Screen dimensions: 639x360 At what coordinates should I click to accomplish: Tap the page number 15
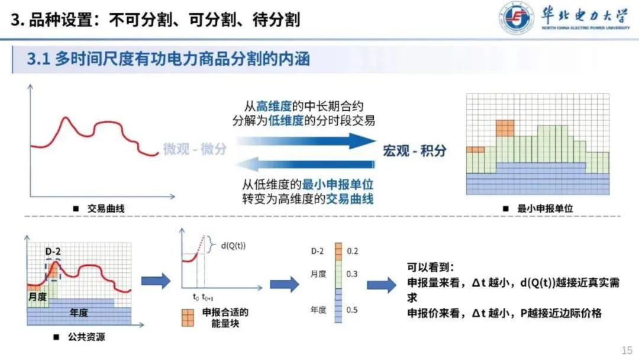pyautogui.click(x=627, y=350)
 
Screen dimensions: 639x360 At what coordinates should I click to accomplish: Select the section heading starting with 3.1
pyautogui.click(x=169, y=59)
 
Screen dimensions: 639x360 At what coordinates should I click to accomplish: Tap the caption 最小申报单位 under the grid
pyautogui.click(x=545, y=208)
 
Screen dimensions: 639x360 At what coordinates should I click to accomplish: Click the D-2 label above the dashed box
pyautogui.click(x=53, y=252)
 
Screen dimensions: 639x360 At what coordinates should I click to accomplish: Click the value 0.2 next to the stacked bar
pyautogui.click(x=353, y=251)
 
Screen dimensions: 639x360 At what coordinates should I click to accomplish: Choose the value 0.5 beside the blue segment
pyautogui.click(x=353, y=309)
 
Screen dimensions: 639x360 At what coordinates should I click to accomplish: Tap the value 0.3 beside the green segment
pyautogui.click(x=353, y=274)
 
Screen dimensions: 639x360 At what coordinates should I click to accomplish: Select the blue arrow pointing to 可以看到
pyautogui.click(x=381, y=285)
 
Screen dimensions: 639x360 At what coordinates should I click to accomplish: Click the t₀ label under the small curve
pyautogui.click(x=195, y=297)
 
